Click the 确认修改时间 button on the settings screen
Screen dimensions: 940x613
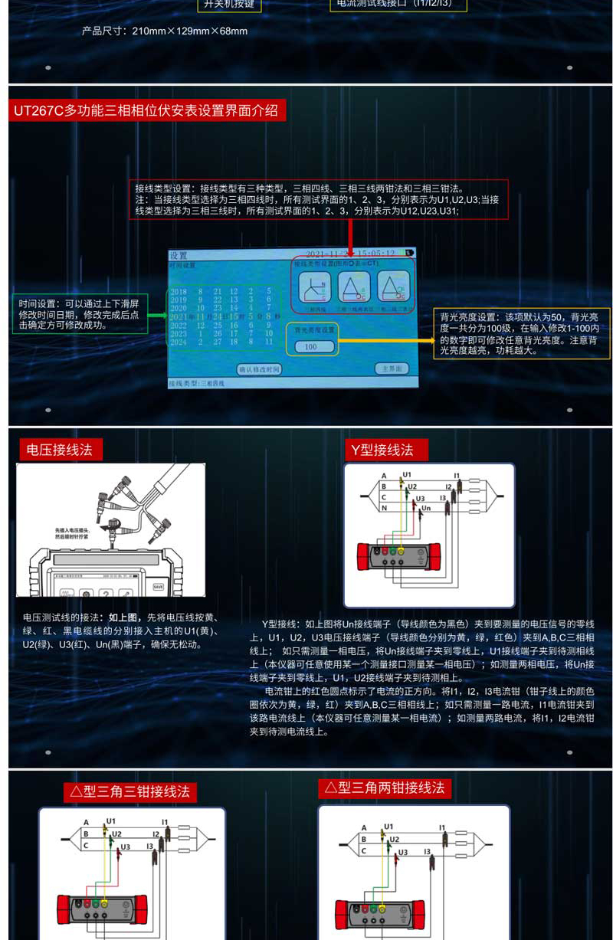[x=259, y=369]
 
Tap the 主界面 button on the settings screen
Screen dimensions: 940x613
[x=391, y=368]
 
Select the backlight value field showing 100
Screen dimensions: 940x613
[x=311, y=347]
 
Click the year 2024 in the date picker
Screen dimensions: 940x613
[x=179, y=342]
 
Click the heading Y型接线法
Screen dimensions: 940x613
[x=382, y=450]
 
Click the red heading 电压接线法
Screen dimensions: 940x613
[x=60, y=450]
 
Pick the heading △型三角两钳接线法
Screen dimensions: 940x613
[x=384, y=788]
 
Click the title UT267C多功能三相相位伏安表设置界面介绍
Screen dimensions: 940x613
[x=146, y=110]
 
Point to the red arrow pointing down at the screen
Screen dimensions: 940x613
[x=350, y=237]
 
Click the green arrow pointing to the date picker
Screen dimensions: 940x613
[x=158, y=315]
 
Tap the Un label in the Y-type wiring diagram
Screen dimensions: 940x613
[x=427, y=508]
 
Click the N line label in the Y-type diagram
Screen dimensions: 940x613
[x=384, y=508]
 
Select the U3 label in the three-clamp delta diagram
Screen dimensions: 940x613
[x=125, y=847]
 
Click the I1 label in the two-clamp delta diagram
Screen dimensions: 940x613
[x=443, y=827]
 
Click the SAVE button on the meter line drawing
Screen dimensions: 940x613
[x=158, y=587]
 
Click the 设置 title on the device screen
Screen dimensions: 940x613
[x=179, y=255]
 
